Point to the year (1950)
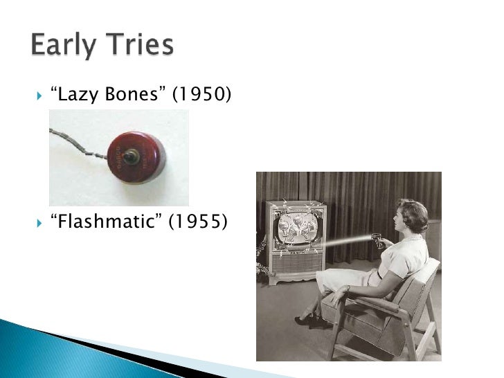point(201,95)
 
